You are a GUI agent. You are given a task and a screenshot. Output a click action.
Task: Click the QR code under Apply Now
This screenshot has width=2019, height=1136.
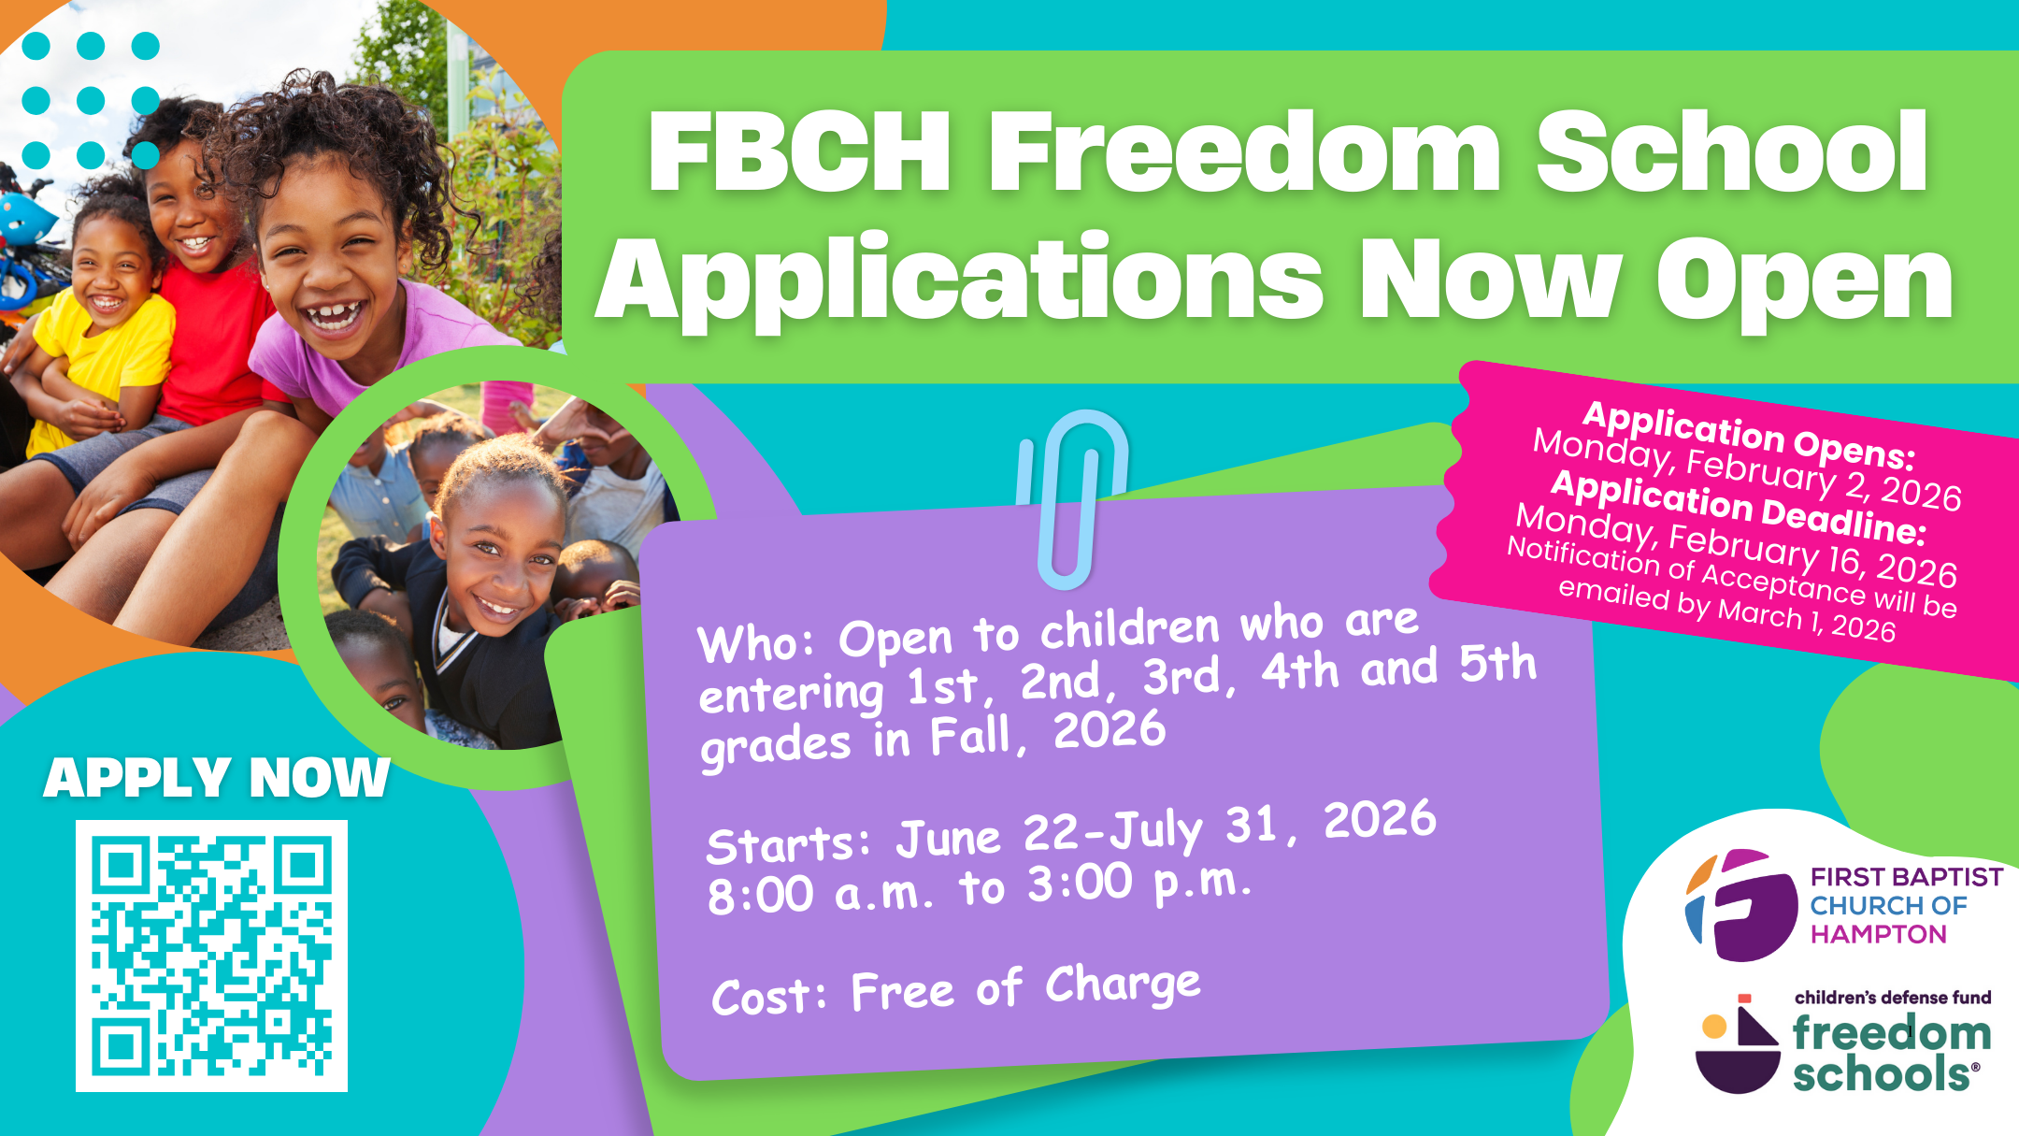click(x=211, y=956)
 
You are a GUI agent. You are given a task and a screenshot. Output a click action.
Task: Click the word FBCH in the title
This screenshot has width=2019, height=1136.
click(x=799, y=151)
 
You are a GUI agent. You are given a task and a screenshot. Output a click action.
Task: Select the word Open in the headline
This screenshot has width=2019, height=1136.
click(x=1804, y=280)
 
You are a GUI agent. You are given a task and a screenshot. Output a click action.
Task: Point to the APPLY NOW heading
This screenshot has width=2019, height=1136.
click(x=216, y=778)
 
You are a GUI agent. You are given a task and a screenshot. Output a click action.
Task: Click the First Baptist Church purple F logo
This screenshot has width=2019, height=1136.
click(x=1740, y=904)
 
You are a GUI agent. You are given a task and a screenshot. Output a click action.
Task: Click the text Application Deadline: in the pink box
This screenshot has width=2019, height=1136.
click(x=1738, y=508)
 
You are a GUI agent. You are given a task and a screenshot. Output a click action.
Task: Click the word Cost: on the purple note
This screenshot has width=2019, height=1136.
click(x=768, y=997)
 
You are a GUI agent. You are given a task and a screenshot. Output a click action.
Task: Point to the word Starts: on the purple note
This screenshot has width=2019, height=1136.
click(x=788, y=844)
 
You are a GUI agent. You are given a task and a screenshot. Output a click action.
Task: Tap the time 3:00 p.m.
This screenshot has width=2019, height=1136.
click(x=1139, y=884)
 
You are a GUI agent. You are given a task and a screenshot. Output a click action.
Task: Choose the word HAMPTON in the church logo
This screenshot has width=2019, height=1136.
click(x=1878, y=934)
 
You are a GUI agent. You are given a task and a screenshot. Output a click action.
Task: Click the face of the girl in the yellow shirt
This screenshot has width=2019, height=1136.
click(x=110, y=276)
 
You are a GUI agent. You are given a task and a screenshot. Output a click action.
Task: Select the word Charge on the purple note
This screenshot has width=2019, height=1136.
click(x=1123, y=985)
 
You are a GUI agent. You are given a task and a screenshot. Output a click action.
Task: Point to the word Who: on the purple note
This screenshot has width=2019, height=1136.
click(x=756, y=642)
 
